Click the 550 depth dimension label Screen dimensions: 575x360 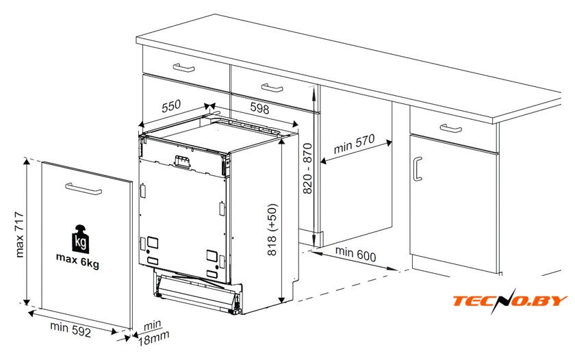[x=171, y=105]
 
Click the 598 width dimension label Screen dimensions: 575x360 [x=259, y=108]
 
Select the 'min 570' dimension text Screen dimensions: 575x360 [x=355, y=144]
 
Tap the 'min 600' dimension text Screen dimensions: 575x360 [x=356, y=254]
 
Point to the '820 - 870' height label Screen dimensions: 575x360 [x=307, y=168]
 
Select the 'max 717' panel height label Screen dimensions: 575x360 [x=19, y=234]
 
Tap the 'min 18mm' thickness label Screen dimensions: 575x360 [x=153, y=333]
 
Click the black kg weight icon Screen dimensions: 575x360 [x=80, y=239]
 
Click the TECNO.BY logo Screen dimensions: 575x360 [x=510, y=301]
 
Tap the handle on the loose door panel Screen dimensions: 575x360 [x=84, y=189]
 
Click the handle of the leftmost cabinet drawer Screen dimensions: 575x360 [x=183, y=68]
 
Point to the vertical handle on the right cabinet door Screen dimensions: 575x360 [x=418, y=169]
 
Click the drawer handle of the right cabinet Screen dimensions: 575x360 [x=450, y=128]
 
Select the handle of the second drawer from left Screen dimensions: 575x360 [x=272, y=88]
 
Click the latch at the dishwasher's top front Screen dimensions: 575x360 [x=183, y=162]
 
